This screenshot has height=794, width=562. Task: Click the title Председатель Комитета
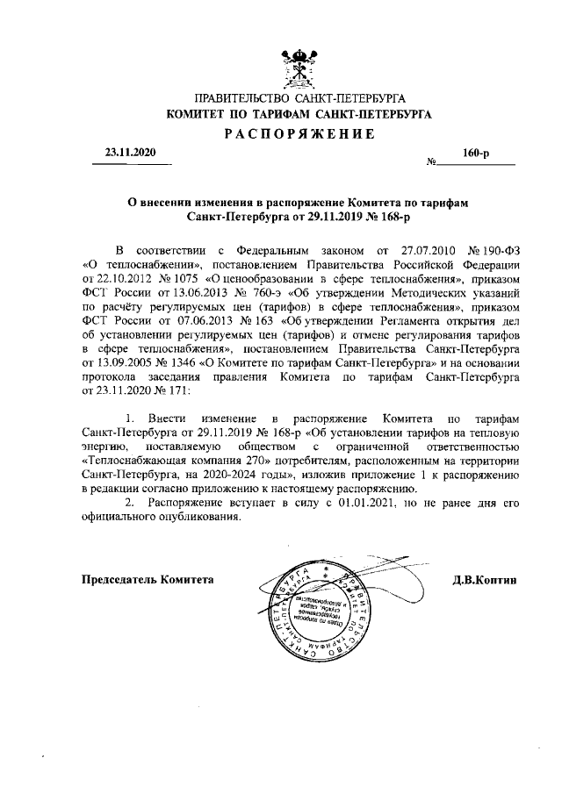[148, 580]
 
